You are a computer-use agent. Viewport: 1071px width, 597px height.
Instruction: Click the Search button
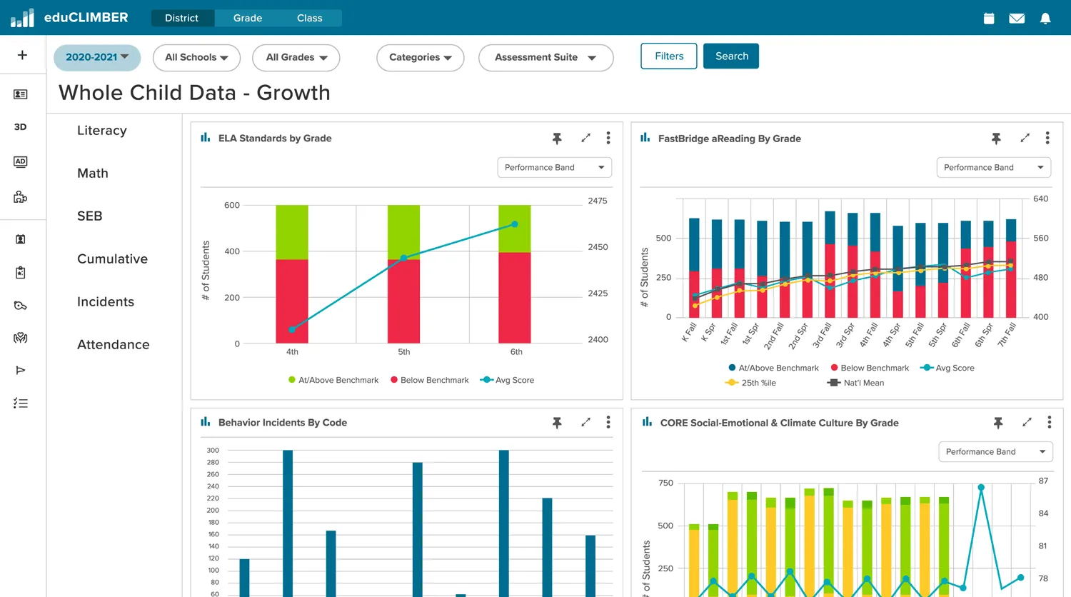(x=731, y=56)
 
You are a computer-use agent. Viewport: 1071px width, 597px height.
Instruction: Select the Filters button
(x=669, y=56)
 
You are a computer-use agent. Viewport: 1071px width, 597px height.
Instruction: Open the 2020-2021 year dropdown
(x=97, y=57)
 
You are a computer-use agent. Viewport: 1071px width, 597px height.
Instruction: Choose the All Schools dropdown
(x=196, y=58)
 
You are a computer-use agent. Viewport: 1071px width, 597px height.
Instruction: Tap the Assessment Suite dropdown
(x=545, y=58)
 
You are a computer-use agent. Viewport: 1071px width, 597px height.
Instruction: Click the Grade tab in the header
(x=248, y=18)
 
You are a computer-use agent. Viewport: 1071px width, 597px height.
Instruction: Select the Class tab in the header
(x=310, y=18)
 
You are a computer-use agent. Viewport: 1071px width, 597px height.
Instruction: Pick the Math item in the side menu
(x=93, y=174)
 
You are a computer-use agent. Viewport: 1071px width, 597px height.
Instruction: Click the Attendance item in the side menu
(x=114, y=345)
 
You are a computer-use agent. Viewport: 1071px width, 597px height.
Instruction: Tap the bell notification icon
(x=1045, y=19)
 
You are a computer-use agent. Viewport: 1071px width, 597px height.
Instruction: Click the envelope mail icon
(x=1017, y=19)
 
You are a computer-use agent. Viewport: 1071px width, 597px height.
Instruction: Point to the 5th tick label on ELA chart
(x=404, y=352)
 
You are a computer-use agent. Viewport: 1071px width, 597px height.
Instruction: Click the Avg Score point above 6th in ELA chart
(x=515, y=224)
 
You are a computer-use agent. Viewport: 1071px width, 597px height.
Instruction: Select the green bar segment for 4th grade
(x=292, y=232)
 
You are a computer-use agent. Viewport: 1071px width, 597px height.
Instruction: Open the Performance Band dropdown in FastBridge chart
(x=993, y=168)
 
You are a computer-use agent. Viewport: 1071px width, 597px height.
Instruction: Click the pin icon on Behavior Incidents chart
(x=557, y=423)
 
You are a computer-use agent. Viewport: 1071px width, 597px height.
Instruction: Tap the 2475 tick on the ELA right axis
(x=598, y=201)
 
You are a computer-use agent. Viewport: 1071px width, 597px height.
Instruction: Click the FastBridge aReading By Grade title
(x=729, y=139)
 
